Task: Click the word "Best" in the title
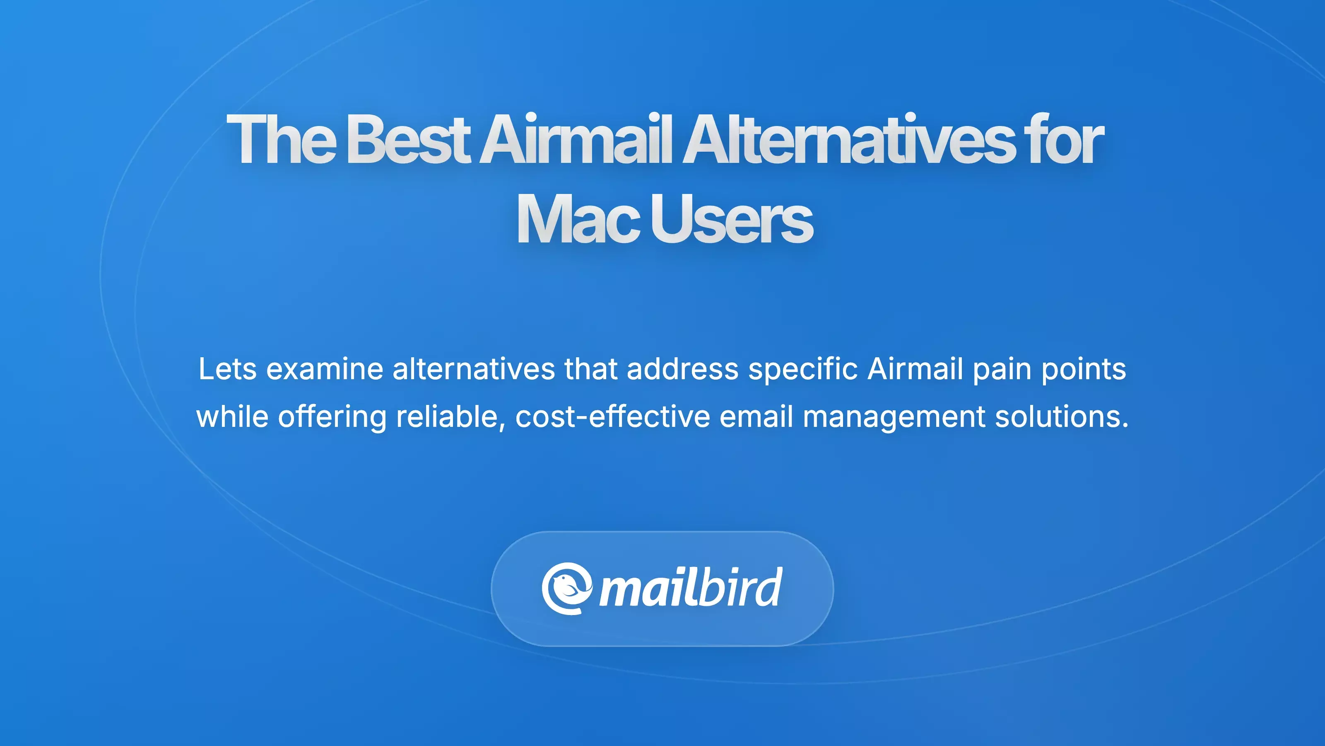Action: pyautogui.click(x=407, y=140)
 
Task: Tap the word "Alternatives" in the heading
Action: pyautogui.click(x=847, y=140)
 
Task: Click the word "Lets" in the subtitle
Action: pyautogui.click(x=227, y=369)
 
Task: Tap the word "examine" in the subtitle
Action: pyautogui.click(x=325, y=369)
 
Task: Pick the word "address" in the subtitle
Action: pyautogui.click(x=682, y=369)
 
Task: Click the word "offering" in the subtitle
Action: pyautogui.click(x=332, y=417)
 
